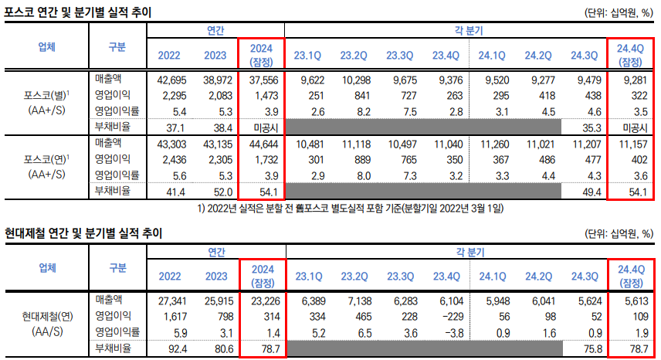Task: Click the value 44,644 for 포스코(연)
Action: tap(262, 144)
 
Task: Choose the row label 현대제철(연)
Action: tap(46, 315)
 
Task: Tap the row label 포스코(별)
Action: tap(46, 95)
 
